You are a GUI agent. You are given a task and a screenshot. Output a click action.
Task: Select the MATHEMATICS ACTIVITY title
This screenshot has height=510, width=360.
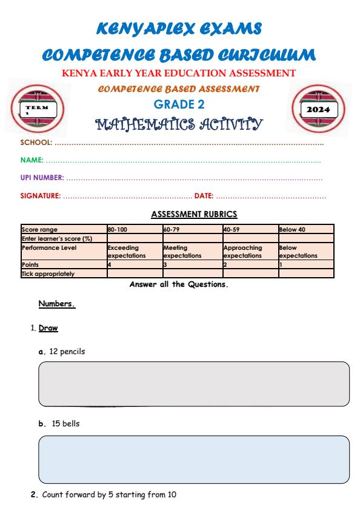click(179, 124)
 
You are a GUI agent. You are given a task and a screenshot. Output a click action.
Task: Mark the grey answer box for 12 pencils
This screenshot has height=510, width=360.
click(194, 384)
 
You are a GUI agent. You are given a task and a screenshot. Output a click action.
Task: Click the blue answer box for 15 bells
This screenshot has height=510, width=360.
click(194, 459)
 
